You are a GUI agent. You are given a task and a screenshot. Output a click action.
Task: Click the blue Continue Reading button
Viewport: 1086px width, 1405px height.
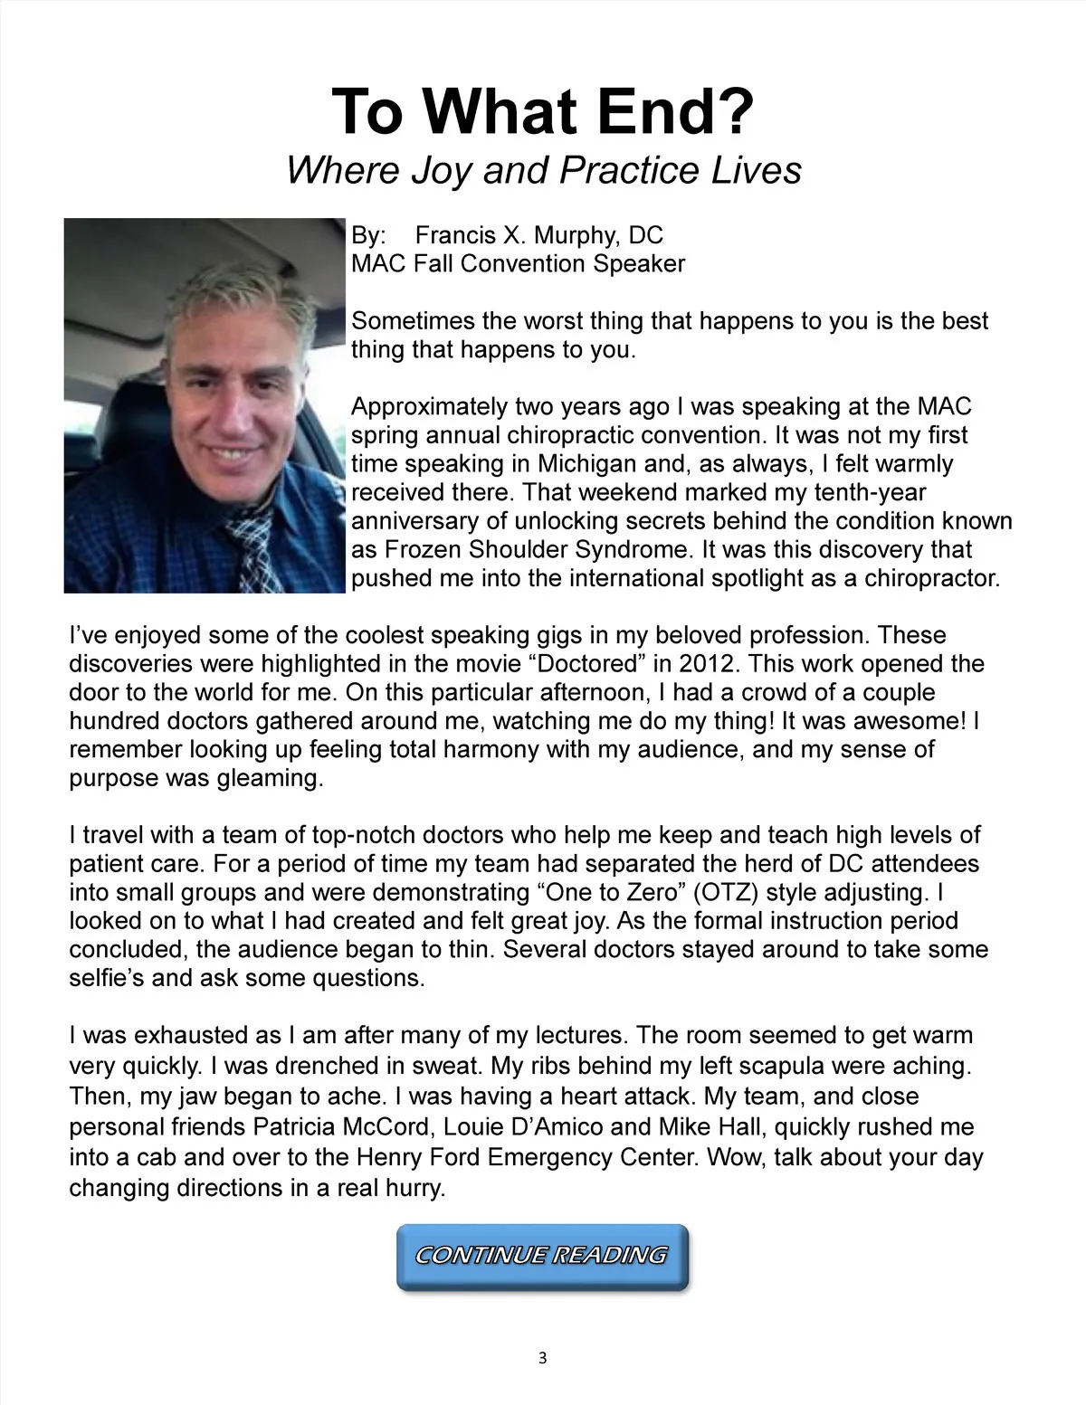coord(542,1256)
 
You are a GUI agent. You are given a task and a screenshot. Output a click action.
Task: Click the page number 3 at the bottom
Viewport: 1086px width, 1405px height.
coord(542,1358)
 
